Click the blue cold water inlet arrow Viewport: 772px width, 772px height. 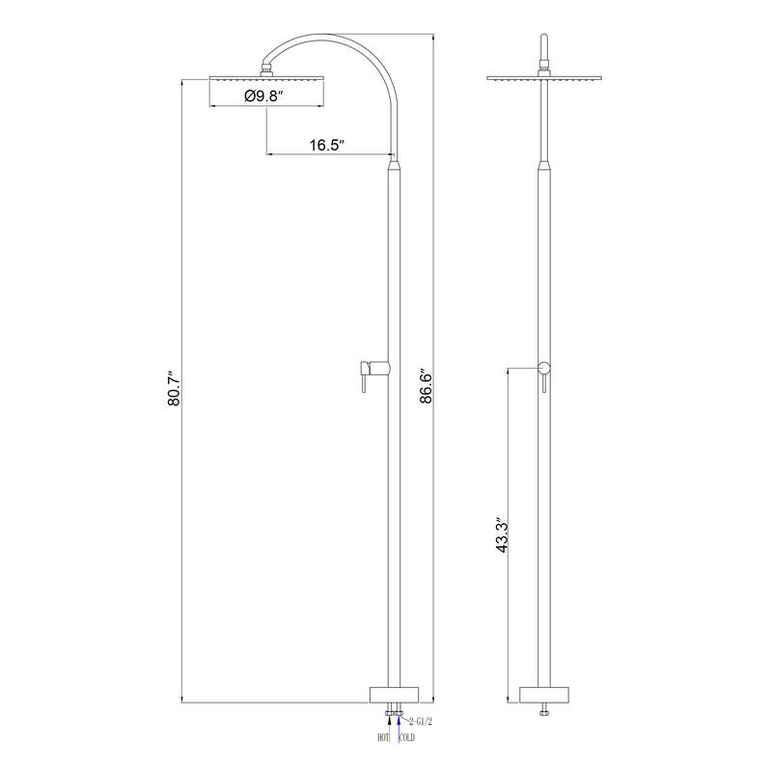coord(399,727)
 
